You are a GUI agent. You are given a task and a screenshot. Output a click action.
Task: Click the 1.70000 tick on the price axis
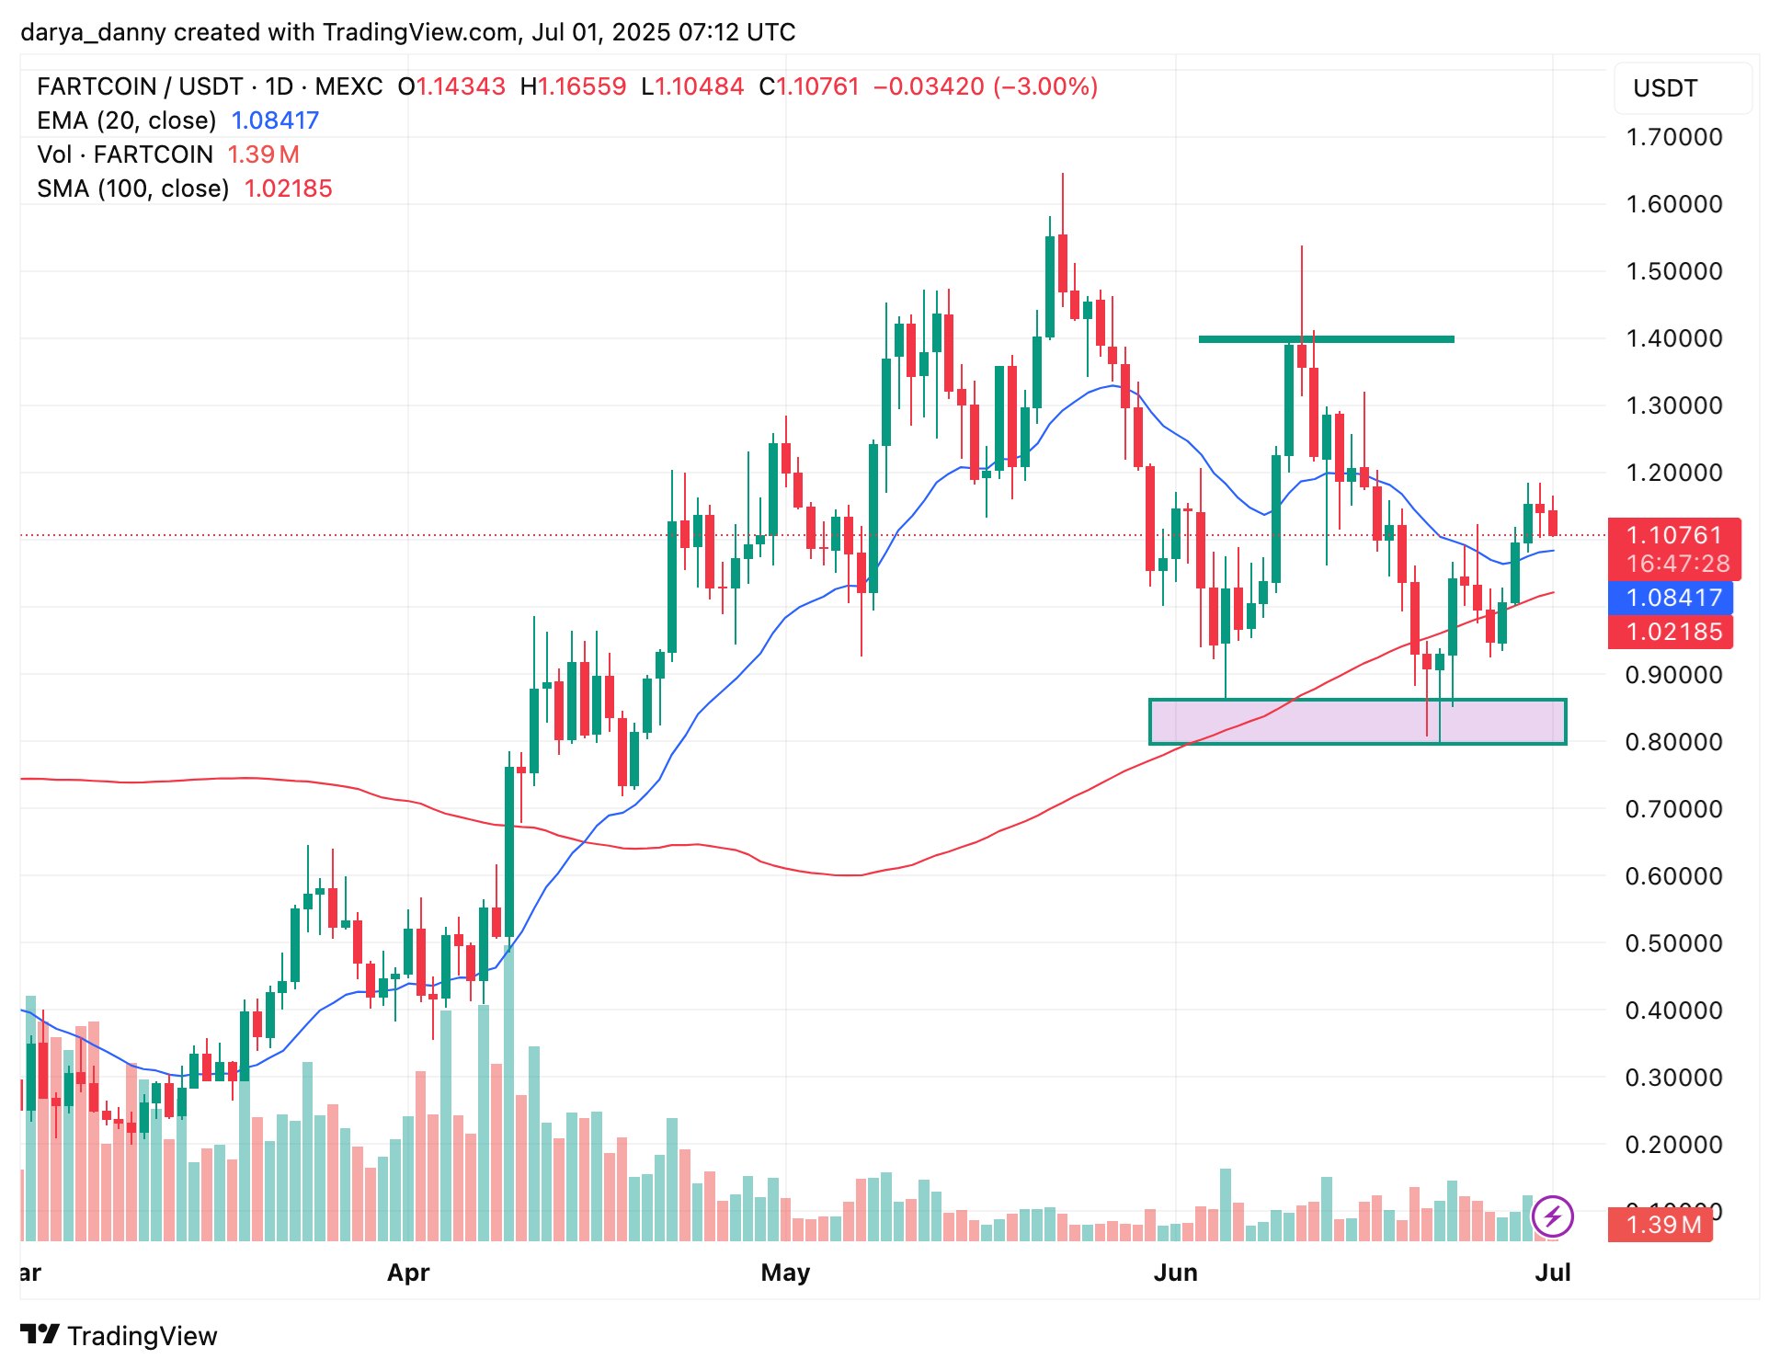point(1673,137)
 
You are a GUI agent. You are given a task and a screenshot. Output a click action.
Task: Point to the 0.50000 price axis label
point(1673,943)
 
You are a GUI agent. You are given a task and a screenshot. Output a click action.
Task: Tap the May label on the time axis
point(785,1273)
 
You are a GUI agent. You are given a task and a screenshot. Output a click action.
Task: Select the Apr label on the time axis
point(408,1273)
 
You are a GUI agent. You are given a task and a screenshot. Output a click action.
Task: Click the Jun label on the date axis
point(1175,1273)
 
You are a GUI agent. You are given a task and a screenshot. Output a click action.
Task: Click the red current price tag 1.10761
point(1673,535)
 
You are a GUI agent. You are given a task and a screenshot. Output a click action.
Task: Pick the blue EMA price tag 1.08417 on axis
point(1672,598)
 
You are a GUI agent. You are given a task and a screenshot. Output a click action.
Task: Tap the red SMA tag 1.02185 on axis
point(1672,632)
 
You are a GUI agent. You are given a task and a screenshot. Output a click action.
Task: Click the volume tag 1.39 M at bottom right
point(1662,1225)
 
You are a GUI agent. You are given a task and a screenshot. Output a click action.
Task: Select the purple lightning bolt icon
point(1552,1217)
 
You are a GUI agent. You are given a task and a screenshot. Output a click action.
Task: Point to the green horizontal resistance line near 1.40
point(1326,339)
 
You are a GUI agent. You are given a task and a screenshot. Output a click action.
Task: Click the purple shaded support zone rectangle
point(1357,722)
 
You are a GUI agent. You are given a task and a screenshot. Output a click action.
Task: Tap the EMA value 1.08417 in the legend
point(274,120)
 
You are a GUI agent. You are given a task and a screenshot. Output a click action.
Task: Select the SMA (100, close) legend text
point(133,188)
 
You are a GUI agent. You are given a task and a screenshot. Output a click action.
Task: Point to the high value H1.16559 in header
point(573,86)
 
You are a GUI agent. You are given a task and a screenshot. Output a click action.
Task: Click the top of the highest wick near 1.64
point(1063,175)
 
